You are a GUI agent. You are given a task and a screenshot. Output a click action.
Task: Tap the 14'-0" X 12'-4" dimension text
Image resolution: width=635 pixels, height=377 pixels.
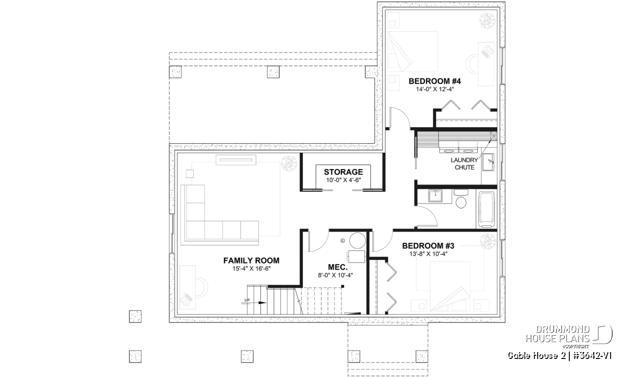click(435, 90)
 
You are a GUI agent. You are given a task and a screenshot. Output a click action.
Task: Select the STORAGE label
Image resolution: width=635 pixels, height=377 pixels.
click(343, 172)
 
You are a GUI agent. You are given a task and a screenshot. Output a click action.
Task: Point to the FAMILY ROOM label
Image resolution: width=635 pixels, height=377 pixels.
click(251, 260)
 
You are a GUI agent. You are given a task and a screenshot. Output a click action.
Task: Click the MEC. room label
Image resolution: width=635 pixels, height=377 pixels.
click(338, 267)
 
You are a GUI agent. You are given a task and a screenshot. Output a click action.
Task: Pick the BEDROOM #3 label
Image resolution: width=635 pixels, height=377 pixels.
click(428, 246)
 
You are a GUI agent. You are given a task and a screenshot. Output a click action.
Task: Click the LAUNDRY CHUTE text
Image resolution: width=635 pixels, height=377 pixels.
click(465, 164)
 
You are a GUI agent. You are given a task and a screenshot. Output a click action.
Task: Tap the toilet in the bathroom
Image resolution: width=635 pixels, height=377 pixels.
click(461, 199)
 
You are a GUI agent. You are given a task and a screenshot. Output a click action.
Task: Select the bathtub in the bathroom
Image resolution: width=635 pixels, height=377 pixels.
click(486, 209)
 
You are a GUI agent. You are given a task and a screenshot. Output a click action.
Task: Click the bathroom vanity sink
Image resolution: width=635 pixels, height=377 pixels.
click(435, 196)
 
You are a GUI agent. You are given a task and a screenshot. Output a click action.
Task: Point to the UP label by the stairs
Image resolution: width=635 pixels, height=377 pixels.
click(247, 300)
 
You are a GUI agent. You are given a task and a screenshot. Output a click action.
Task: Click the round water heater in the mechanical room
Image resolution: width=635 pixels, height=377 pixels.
click(358, 241)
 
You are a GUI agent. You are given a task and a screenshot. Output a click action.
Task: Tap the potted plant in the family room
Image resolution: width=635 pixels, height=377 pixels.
click(289, 164)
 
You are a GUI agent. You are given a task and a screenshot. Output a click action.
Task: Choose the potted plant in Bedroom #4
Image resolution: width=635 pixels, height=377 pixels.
click(487, 21)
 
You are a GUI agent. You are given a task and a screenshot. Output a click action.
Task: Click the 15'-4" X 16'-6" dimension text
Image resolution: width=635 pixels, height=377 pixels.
click(252, 269)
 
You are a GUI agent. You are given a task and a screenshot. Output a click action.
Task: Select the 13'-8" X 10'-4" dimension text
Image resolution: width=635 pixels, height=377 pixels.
click(428, 254)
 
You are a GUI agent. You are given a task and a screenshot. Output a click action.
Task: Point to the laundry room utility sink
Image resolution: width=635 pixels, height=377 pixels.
click(488, 162)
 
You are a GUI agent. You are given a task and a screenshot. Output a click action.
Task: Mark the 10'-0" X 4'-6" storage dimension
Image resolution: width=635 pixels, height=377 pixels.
click(343, 180)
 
